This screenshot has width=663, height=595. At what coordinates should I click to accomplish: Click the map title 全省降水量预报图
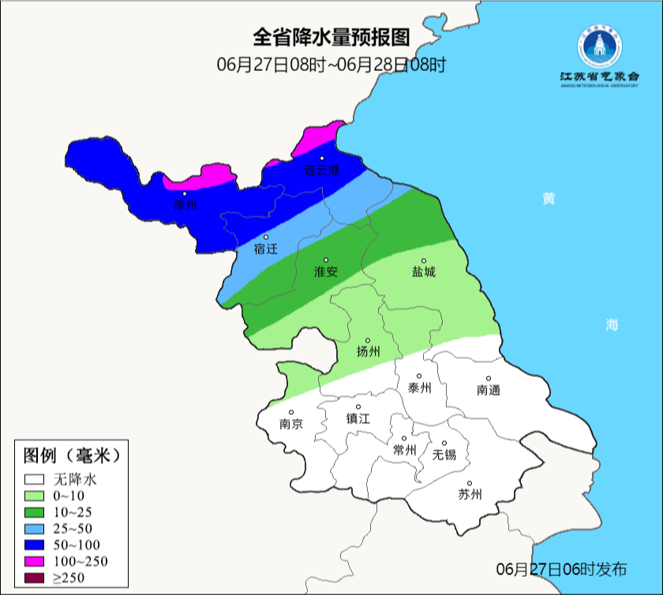tap(331, 37)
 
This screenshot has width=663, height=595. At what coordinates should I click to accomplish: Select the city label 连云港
tap(322, 170)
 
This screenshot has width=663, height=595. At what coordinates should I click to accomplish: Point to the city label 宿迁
tap(266, 249)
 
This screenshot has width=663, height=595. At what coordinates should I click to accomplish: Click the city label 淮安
tap(326, 271)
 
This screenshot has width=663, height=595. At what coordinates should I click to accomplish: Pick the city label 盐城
tap(424, 272)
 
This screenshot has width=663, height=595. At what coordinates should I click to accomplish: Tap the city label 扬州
tap(369, 351)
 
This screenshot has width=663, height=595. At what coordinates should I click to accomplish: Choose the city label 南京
tap(291, 424)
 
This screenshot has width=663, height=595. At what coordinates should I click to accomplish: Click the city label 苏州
tap(470, 495)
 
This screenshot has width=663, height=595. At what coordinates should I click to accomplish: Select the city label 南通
tap(489, 390)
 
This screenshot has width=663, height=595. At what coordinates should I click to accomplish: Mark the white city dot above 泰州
tap(420, 376)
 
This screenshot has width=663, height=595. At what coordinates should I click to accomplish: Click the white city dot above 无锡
tap(444, 443)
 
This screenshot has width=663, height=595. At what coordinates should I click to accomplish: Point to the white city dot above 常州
tap(404, 439)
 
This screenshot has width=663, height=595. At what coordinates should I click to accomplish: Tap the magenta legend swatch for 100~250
tap(35, 561)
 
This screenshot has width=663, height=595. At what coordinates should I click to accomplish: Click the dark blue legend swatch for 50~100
tap(35, 544)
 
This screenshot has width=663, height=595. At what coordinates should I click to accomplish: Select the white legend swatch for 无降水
tap(35, 479)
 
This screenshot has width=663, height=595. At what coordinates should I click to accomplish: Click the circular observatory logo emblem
tap(598, 47)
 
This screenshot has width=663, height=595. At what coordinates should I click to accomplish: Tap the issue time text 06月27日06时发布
tap(562, 568)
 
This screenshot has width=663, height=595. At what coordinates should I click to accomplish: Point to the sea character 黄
tap(548, 198)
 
